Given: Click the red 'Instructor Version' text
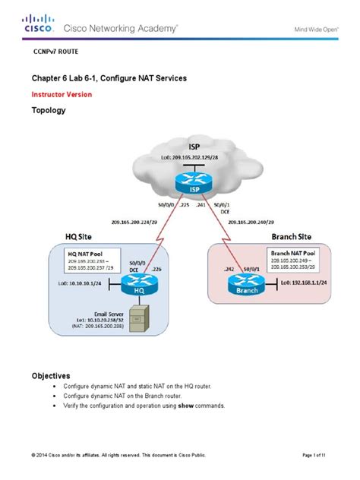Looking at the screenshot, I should click(62, 95).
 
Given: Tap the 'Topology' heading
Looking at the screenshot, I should click(49, 110).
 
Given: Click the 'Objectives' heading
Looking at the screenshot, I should click(51, 375).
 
